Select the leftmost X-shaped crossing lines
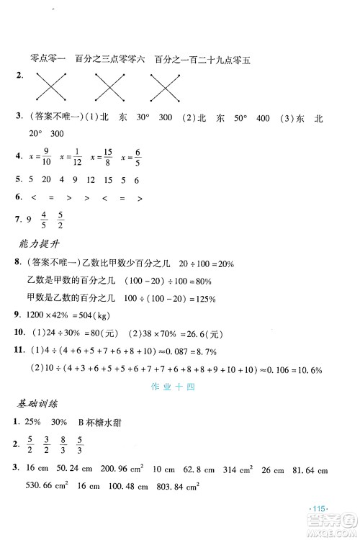[x=48, y=89]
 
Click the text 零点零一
[x=44, y=59]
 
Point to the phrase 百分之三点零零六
[x=109, y=59]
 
